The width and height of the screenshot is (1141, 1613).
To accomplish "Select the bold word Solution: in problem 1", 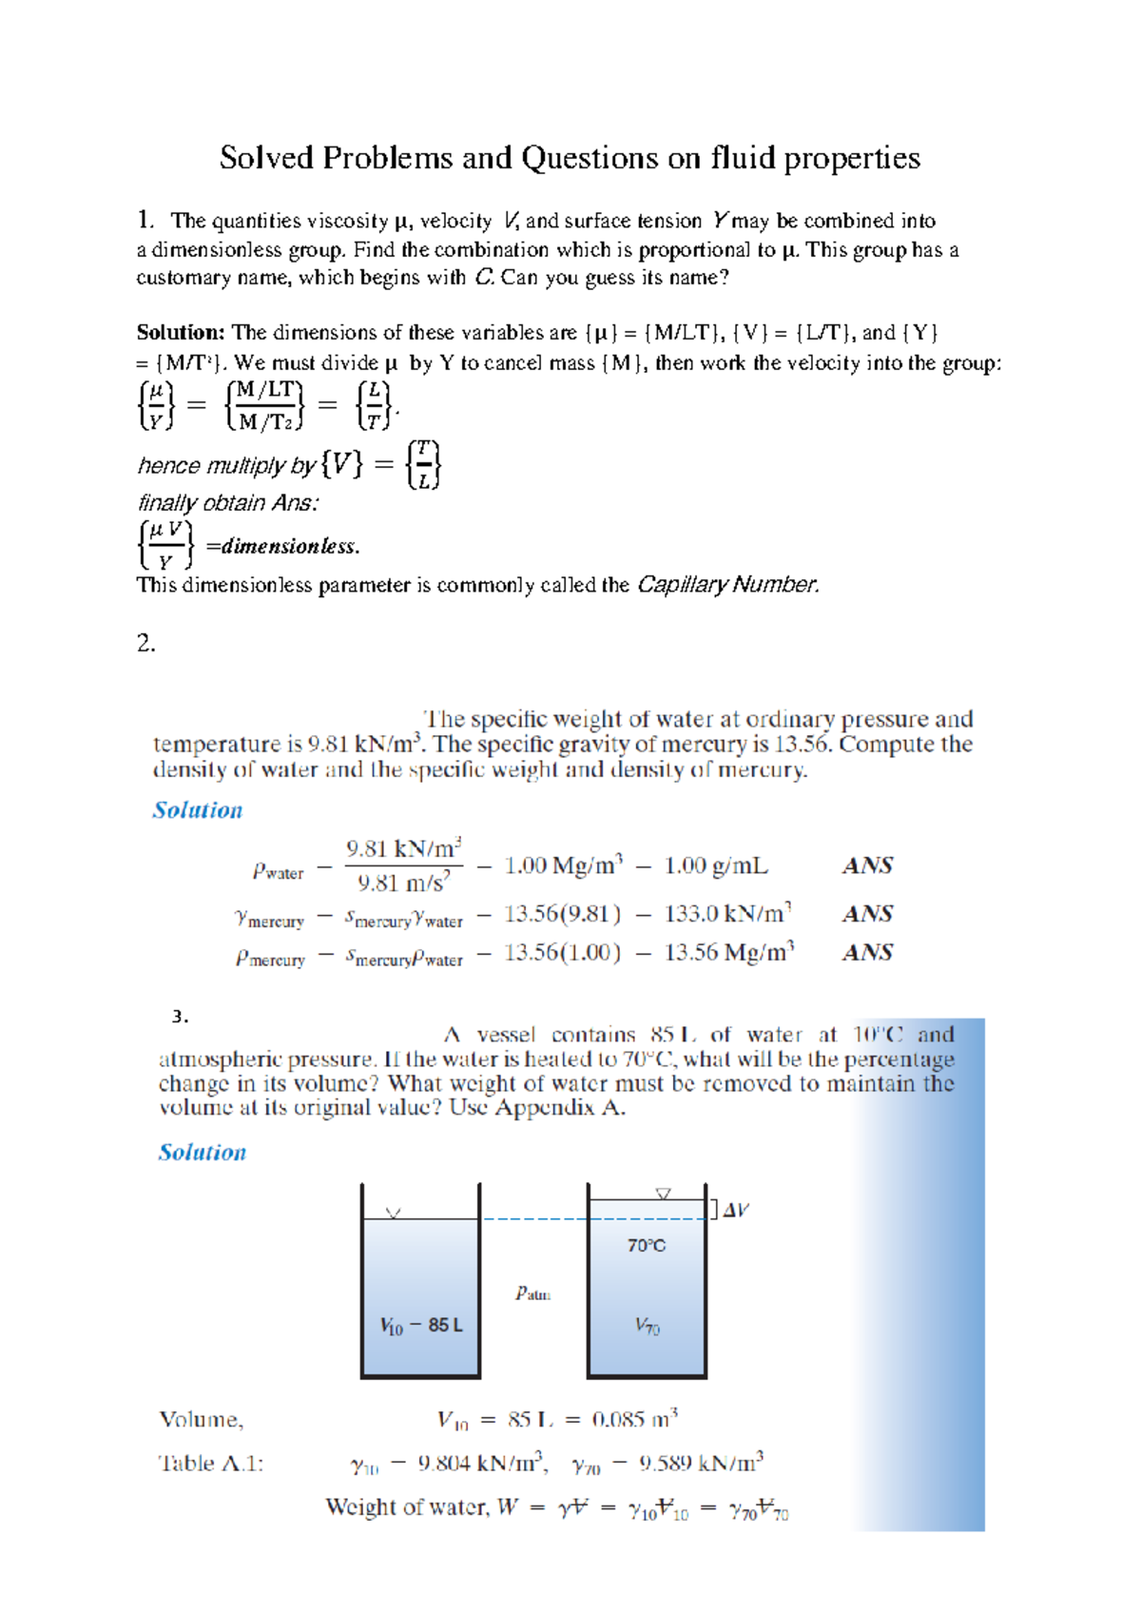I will coord(180,333).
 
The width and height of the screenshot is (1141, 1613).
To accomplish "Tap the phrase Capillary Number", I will coord(727,585).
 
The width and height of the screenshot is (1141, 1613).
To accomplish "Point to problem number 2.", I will coord(145,644).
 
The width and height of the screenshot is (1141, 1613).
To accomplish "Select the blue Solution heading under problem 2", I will coord(198,810).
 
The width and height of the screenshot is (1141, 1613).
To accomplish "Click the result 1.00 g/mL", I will coord(715,866).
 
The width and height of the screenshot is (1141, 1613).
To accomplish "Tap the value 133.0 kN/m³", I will coord(727,914).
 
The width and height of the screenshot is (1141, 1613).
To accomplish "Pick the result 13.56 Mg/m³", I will coord(728,953).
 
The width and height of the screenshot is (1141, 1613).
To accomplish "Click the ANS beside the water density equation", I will coord(867,866).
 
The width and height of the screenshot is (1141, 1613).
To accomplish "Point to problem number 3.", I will coord(180,1017).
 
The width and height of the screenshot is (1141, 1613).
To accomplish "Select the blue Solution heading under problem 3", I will coord(202,1153).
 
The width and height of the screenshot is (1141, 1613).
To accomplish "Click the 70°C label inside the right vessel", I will coord(647,1246).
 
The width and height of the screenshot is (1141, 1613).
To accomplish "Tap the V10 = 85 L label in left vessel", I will coord(420,1326).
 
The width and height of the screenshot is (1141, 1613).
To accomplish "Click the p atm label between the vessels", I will coord(532,1293).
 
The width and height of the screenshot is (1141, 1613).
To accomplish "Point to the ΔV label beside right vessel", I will coord(735,1211).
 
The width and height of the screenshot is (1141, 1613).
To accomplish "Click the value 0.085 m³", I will coord(634,1420).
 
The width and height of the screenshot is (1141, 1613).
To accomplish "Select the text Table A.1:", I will coord(210,1464).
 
